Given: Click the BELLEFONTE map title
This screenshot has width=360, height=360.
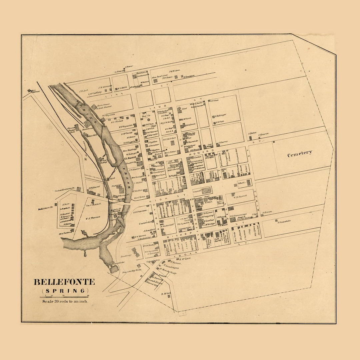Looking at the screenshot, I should (64, 282).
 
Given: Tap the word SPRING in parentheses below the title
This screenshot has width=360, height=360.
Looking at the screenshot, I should (64, 291).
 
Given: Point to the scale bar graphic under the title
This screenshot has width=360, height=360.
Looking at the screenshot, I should (64, 296).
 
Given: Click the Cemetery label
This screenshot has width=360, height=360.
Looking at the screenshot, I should (300, 153).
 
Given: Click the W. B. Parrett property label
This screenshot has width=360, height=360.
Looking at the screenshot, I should (240, 196).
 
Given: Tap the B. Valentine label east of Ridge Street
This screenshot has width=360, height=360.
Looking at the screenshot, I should (284, 221).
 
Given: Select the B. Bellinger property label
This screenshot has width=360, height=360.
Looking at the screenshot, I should (221, 115).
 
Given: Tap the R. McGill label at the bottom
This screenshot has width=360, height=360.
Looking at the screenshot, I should (166, 294).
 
